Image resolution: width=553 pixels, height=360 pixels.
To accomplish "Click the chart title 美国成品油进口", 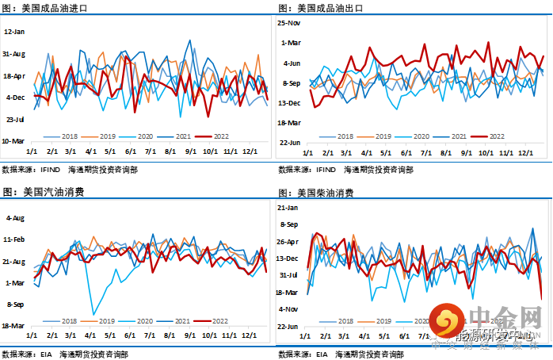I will (x=55, y=7).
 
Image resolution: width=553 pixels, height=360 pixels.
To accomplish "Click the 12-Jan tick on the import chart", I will (x=16, y=32).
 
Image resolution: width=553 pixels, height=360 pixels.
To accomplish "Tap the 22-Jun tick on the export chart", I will (x=291, y=143).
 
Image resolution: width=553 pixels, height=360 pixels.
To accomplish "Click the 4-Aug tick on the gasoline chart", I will (x=17, y=217).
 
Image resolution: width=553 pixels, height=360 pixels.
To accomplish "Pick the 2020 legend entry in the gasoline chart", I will (x=143, y=320).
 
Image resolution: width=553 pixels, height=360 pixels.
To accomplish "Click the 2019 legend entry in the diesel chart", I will (x=382, y=320).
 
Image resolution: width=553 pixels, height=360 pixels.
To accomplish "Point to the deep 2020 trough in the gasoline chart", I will (x=93, y=315).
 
